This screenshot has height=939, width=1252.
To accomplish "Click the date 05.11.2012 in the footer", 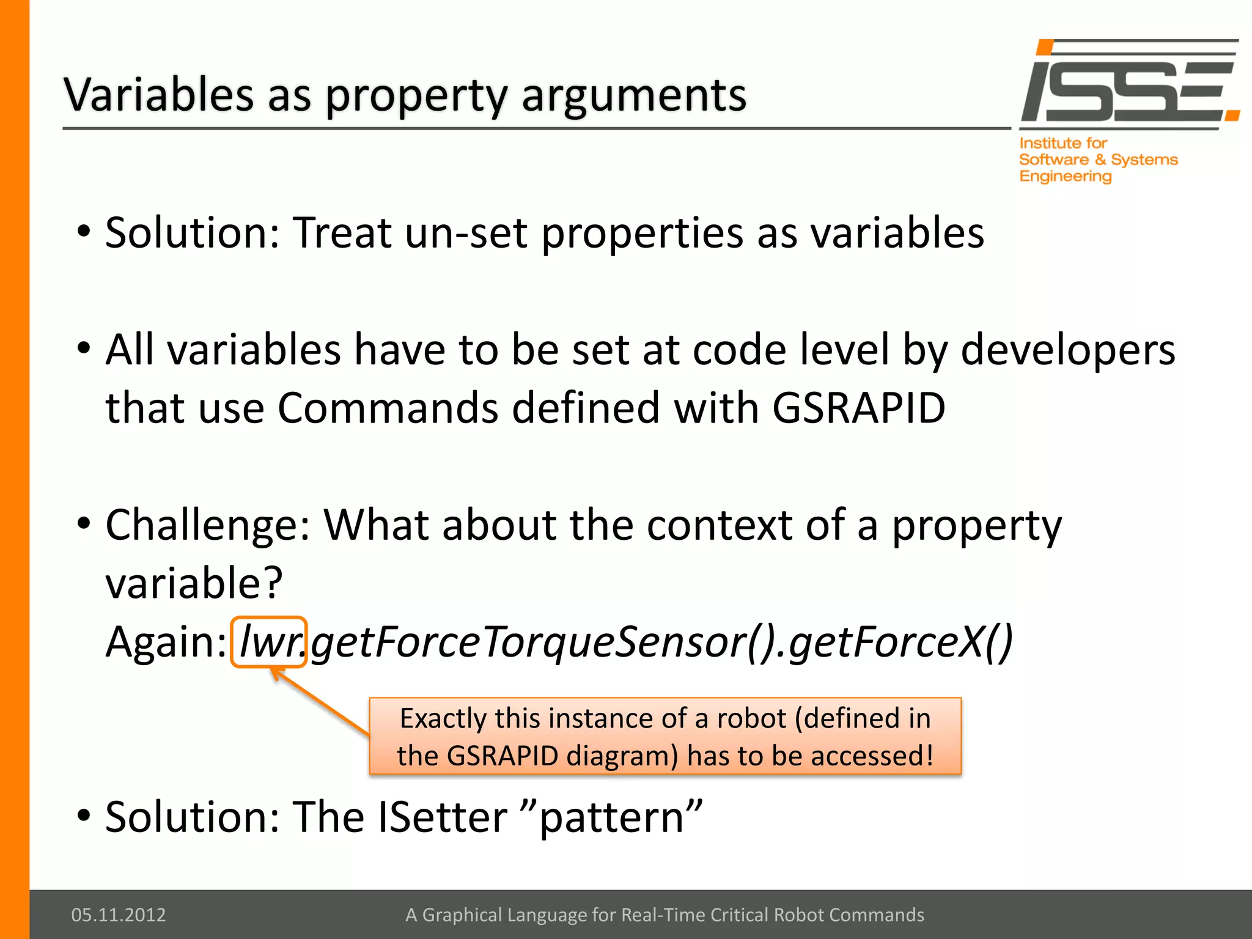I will click(x=119, y=915).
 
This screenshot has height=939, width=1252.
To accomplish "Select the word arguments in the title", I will click(x=634, y=95).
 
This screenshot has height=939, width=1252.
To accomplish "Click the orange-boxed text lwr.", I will click(x=269, y=643).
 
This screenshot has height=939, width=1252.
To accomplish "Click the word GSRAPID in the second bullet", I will click(x=859, y=408).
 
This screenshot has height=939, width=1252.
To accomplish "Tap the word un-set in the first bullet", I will click(x=466, y=233).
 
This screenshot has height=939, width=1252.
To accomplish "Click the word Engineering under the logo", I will click(x=1065, y=177).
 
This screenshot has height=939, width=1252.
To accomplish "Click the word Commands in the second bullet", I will click(x=388, y=408).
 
